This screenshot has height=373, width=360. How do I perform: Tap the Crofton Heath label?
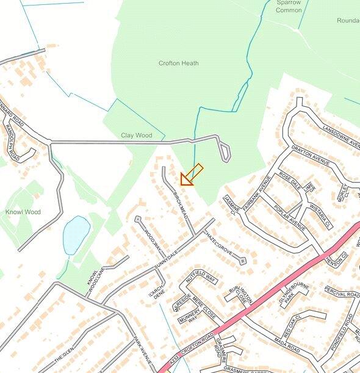178,63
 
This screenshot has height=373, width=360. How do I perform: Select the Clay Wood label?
136,135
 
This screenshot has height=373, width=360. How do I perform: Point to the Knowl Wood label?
23,212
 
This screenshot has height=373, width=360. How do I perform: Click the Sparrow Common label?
289,6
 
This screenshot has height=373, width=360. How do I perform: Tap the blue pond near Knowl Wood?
76,234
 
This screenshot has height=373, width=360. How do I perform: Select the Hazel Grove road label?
218,242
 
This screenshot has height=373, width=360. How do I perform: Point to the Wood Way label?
151,239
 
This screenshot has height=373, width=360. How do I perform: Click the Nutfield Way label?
201,275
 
